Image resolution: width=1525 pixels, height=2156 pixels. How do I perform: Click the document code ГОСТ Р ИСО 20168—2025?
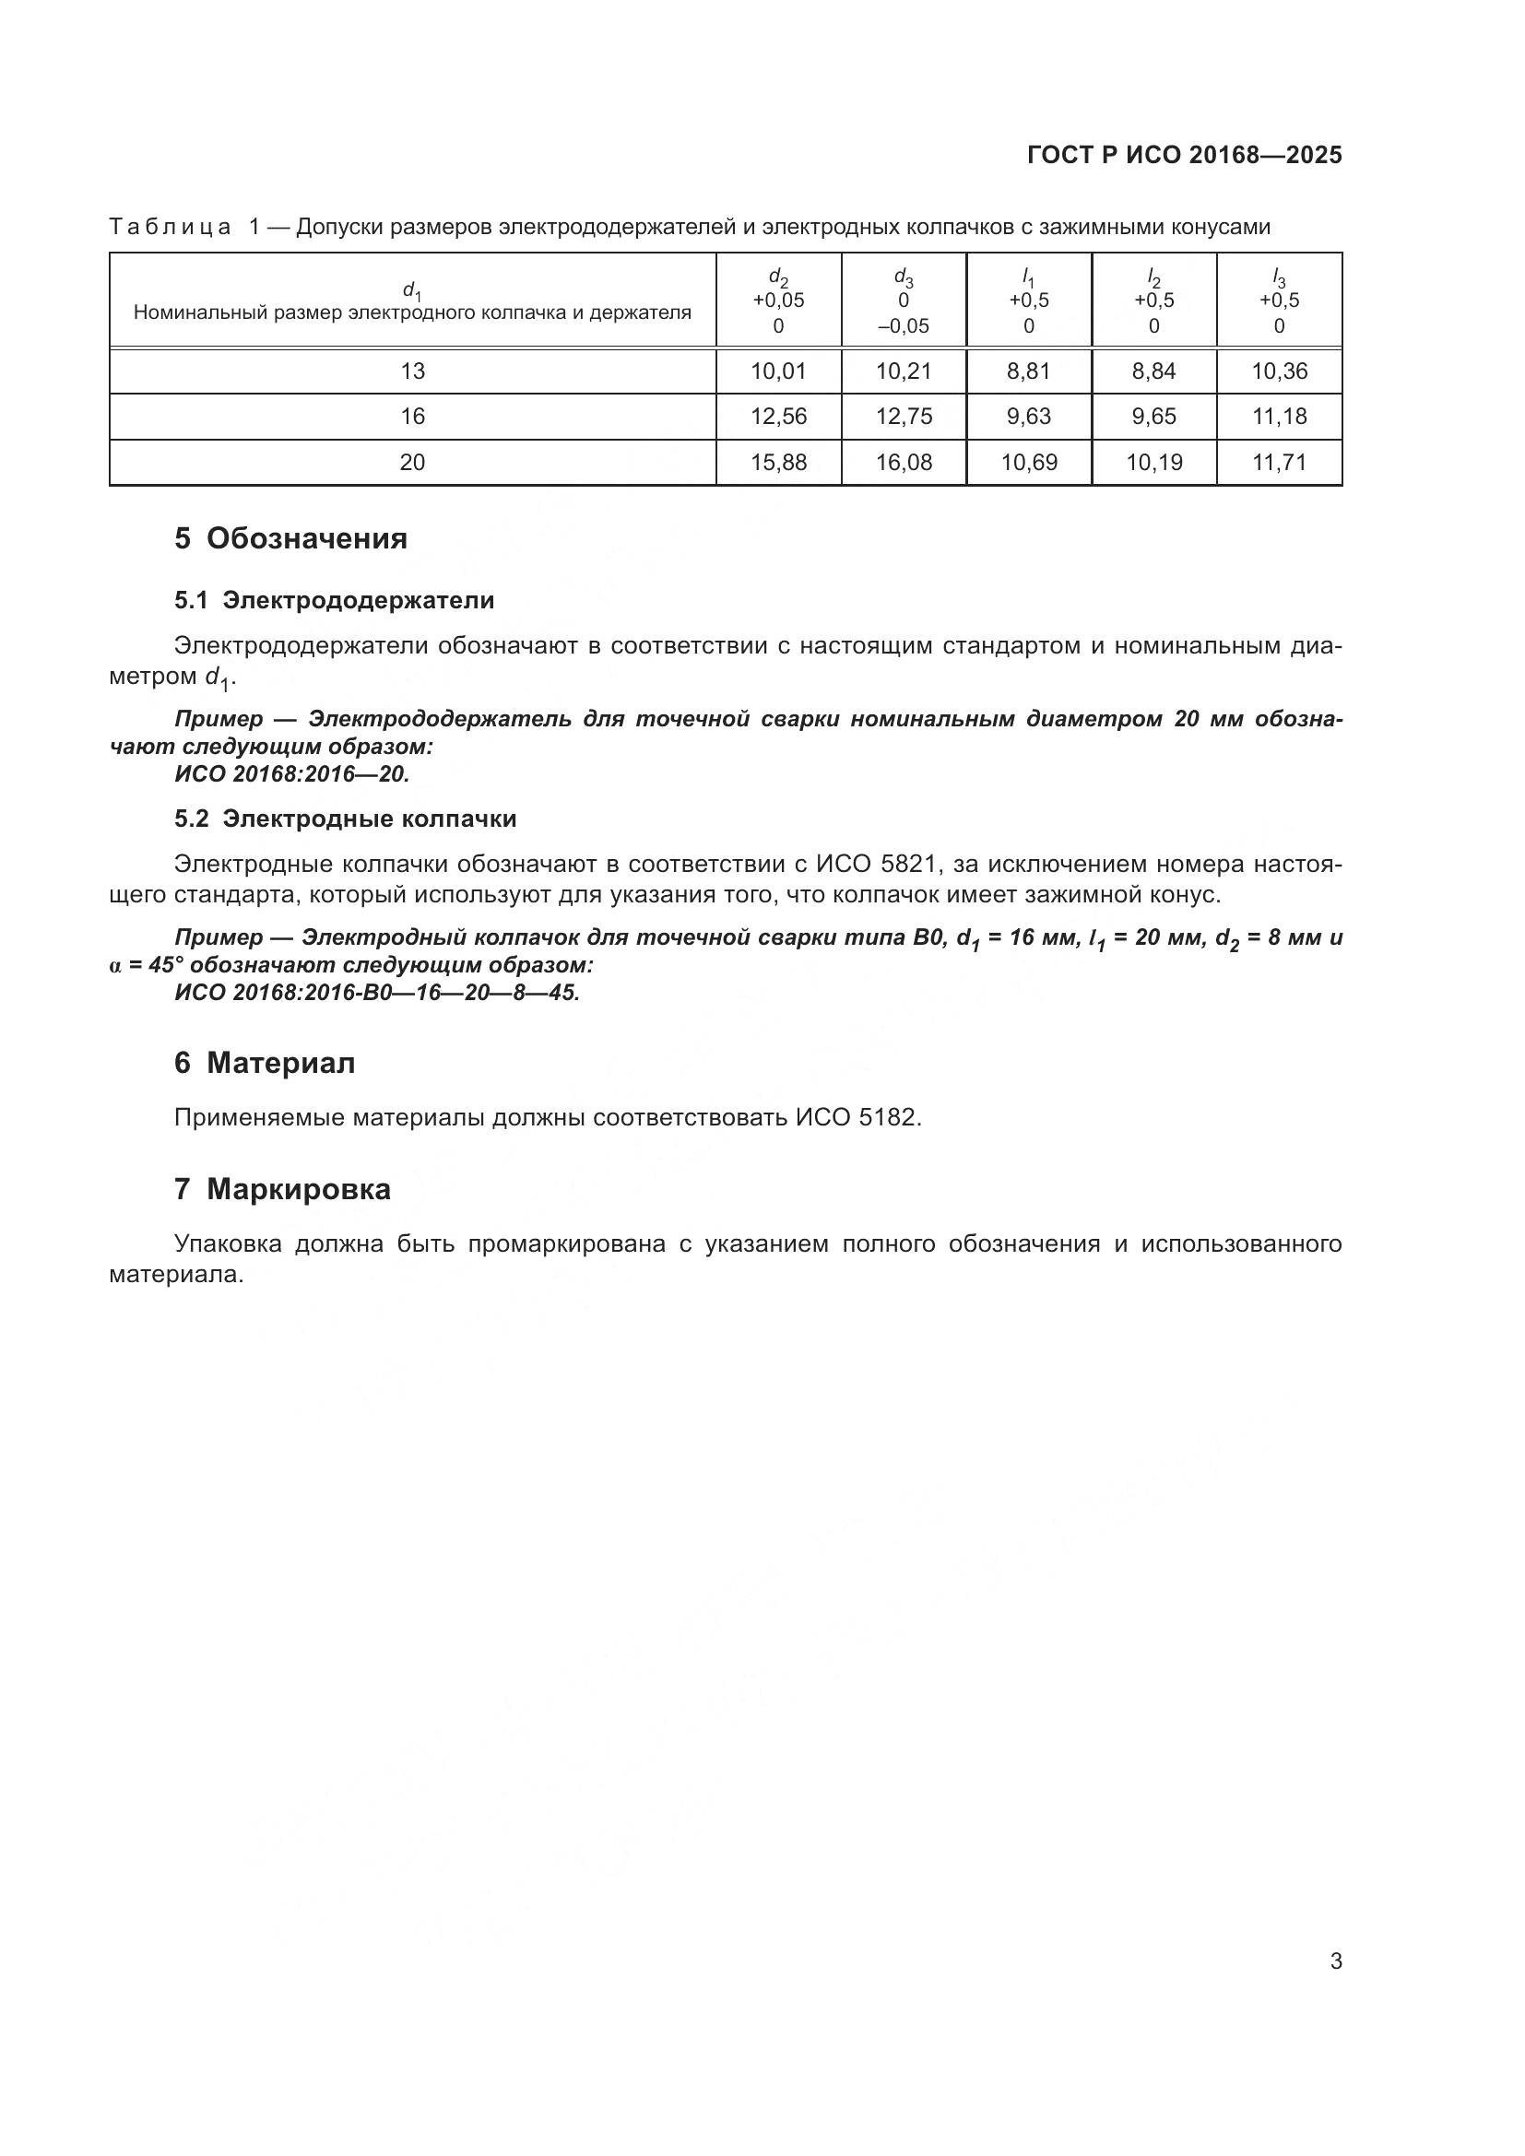coord(1184,156)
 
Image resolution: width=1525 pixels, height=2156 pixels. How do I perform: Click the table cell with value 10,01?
coord(777,371)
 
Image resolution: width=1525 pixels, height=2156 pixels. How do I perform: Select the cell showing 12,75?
coord(904,416)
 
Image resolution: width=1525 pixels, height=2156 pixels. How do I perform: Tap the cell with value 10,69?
coord(1028,462)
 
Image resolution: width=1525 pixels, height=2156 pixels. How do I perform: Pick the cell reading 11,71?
coord(1279,462)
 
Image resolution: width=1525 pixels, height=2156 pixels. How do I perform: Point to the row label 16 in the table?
coord(412,416)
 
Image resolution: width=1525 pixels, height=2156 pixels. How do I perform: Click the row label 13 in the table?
coord(412,371)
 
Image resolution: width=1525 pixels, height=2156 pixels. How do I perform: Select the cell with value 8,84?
coord(1153,371)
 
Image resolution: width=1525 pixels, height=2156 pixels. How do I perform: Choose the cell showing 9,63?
coord(1028,416)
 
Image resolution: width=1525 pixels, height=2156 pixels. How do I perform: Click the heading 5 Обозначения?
coord(291,539)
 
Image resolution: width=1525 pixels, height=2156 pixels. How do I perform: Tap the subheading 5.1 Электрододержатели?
coord(335,600)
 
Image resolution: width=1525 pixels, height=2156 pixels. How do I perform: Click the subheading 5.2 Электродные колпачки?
coord(346,819)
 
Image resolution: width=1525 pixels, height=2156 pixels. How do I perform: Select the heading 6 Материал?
coord(265,1063)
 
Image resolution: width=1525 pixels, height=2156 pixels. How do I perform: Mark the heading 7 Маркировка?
coord(283,1190)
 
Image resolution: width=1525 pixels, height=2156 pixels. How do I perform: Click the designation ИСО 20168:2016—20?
coord(292,773)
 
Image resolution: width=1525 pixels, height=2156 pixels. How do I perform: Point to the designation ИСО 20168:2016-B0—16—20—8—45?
coord(377,993)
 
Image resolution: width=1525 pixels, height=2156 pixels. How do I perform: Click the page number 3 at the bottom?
coord(1335,1962)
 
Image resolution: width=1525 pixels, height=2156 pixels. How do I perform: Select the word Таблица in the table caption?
coord(170,228)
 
